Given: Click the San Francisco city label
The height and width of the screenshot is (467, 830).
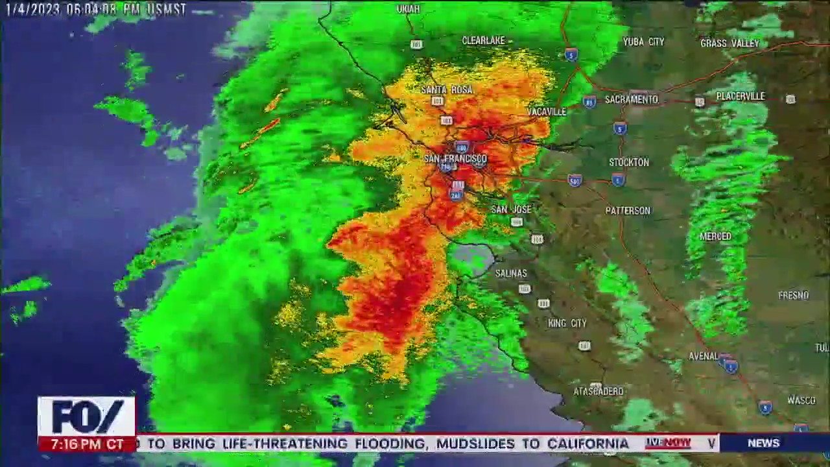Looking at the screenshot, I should tap(455, 159).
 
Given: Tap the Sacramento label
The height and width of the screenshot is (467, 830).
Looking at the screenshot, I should tap(631, 99).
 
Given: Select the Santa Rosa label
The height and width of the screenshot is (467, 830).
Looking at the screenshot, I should tap(447, 90).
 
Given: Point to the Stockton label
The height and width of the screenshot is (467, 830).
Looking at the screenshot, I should tap(628, 162).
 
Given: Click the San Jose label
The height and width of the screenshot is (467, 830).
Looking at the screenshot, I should tap(511, 209).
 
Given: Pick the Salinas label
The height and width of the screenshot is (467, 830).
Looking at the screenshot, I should tap(511, 273).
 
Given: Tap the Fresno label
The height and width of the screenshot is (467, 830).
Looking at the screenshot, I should tap(793, 295).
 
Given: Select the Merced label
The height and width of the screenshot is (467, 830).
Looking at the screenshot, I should tap(715, 236).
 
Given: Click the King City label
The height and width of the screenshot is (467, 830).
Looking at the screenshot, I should tap(567, 323).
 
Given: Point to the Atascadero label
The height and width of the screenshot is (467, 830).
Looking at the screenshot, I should tap(599, 391).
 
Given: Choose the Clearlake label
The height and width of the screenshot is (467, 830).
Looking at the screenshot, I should tap(483, 40).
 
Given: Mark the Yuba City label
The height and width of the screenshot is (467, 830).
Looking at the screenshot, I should tap(643, 42).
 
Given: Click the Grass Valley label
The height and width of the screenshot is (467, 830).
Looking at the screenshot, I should tap(729, 43).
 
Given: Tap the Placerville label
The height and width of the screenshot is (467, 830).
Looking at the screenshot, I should tap(741, 96).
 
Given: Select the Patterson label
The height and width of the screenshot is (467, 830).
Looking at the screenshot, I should tap(627, 210).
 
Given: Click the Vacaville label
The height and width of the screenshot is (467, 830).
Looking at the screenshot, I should tap(547, 112).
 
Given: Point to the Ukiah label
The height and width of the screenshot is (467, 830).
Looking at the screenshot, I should tap(408, 9).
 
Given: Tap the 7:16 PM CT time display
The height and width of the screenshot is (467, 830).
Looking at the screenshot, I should tap(87, 444).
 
